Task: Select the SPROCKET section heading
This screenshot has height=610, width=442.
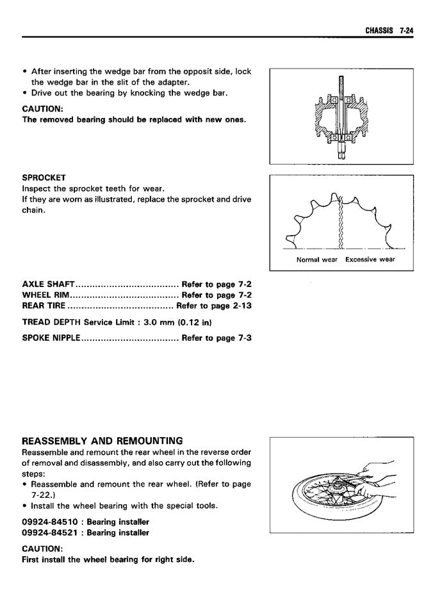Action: coord(44,177)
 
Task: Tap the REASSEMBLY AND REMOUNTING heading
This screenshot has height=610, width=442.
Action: coord(102,441)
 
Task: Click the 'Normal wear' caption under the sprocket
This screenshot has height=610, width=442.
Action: coord(316,260)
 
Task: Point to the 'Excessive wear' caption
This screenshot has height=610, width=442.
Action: coord(370,260)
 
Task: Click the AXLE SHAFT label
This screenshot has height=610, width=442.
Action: coord(49,283)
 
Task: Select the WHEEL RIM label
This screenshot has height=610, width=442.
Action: coord(45,295)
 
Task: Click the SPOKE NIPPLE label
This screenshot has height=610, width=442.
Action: coord(51,338)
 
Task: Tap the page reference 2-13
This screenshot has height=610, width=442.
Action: coord(240,306)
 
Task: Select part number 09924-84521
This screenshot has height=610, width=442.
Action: coord(51,532)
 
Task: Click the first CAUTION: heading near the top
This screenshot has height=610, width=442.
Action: coord(42,108)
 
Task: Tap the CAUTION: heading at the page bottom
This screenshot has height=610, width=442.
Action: coord(42,548)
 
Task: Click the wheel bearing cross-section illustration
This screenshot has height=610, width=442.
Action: coord(341,117)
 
